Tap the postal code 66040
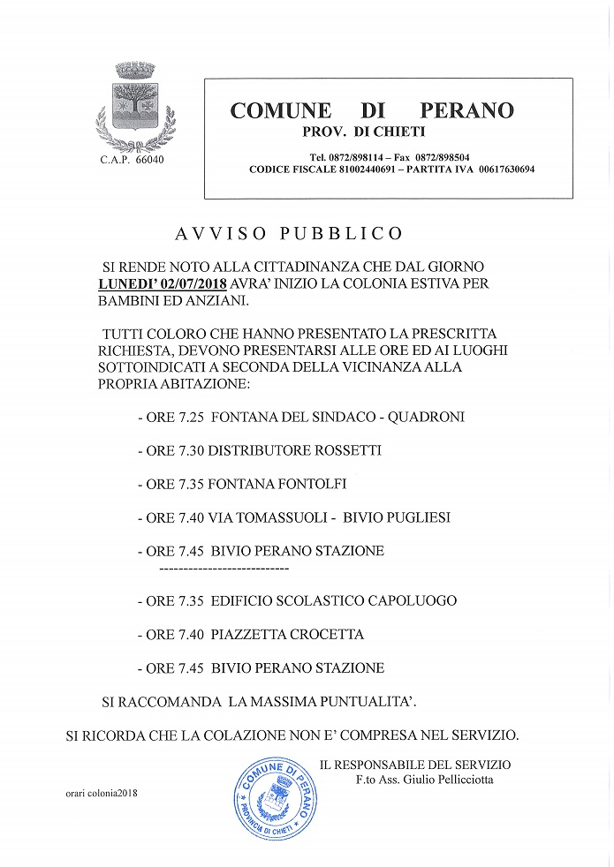[x=148, y=160]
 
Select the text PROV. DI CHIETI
[x=364, y=132]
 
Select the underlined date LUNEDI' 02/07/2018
[x=163, y=284]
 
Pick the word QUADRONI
[x=427, y=417]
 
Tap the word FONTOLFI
[x=312, y=484]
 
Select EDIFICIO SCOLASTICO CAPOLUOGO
[x=334, y=601]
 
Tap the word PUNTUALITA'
[x=365, y=702]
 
